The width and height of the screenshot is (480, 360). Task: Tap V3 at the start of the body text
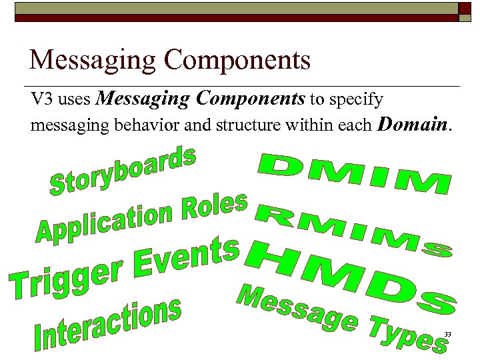tap(42, 100)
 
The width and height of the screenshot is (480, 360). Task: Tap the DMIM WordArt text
tap(353, 174)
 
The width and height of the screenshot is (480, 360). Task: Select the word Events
tap(187, 257)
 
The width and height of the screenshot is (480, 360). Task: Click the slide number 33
tap(447, 334)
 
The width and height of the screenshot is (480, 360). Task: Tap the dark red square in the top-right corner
tap(465, 8)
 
